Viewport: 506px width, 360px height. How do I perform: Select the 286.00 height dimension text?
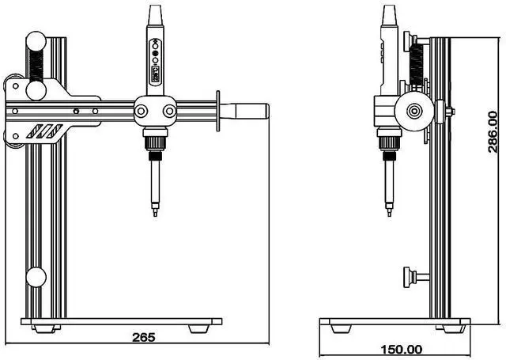pos(493,131)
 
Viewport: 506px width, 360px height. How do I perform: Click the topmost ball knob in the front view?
pos(37,41)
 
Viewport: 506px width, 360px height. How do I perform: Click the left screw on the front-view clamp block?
pos(141,111)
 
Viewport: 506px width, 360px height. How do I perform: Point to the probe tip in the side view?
pos(389,211)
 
